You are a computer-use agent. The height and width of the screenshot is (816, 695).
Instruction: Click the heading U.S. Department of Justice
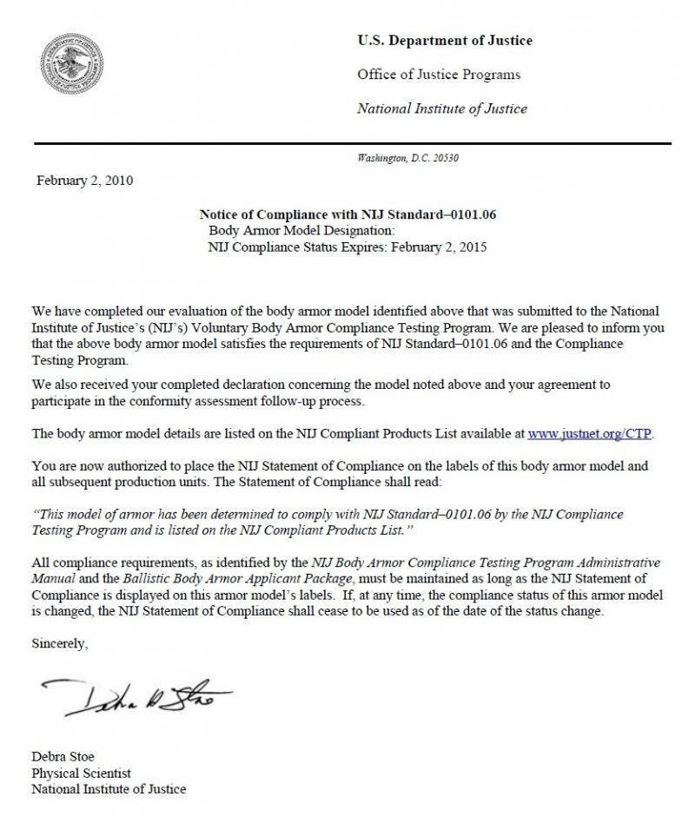445,41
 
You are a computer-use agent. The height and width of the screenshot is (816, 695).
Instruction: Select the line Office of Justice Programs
439,75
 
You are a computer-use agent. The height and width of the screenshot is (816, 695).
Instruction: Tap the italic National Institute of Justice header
442,109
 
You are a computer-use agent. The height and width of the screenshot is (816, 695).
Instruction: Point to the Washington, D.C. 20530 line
407,158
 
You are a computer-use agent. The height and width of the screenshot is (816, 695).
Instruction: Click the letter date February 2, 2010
84,181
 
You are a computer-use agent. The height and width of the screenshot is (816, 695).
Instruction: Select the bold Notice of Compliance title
347,214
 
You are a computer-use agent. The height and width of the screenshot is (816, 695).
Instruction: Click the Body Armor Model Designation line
301,230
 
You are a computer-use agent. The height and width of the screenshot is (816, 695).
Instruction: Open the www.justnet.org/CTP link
590,432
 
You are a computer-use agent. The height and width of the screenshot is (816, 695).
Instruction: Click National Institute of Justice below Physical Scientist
109,789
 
